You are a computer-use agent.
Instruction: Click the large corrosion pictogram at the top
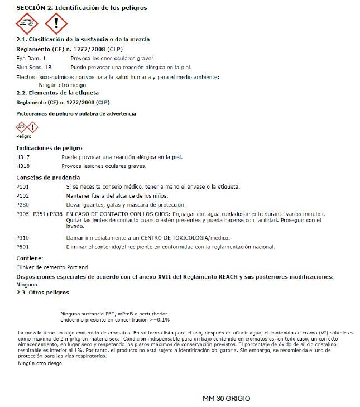27,23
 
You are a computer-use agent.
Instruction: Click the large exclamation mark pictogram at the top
55,23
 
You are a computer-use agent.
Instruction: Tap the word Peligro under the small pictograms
24,136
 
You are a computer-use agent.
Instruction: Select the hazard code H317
23,157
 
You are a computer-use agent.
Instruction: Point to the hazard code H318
23,166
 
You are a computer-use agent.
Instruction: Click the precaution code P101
23,186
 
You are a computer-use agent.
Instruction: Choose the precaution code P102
23,195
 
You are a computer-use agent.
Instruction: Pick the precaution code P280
23,204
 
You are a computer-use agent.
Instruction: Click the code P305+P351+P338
40,213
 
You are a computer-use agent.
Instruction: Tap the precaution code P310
23,237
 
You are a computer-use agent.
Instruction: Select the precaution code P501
23,246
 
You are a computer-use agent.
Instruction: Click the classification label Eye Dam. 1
31,58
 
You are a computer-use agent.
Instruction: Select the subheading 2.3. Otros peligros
43,293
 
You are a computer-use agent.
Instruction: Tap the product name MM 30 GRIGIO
227,399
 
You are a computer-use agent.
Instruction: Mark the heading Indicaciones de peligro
50,148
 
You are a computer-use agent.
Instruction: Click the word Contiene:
30,258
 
